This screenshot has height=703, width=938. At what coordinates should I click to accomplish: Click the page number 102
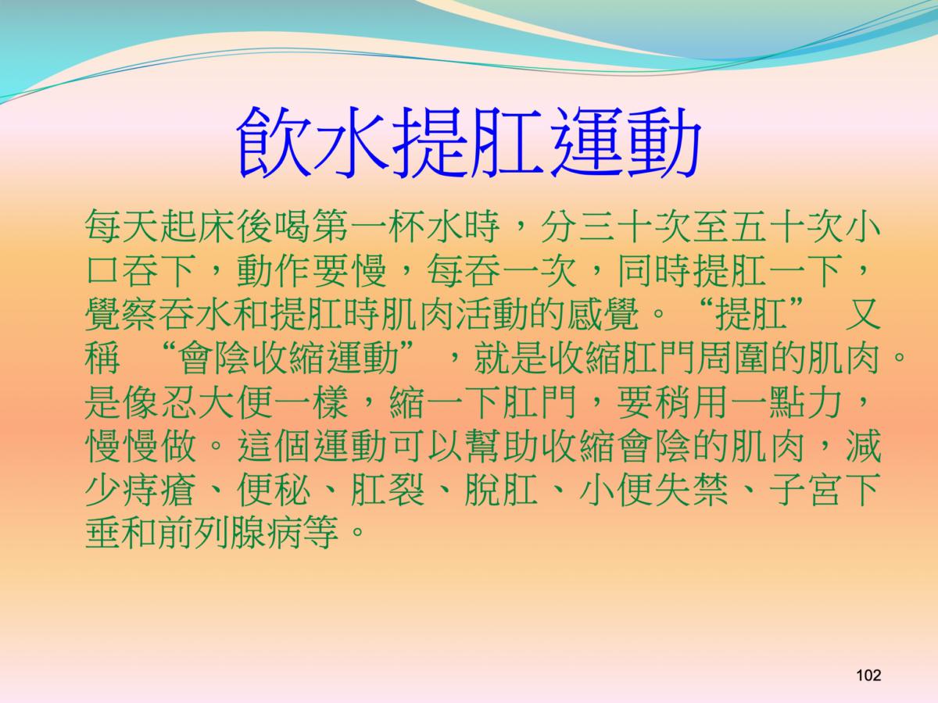tap(868, 675)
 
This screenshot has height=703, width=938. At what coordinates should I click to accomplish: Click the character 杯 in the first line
tap(408, 227)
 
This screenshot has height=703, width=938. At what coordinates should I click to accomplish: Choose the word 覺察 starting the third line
tap(123, 314)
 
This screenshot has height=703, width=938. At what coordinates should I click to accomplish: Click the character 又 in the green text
tap(863, 314)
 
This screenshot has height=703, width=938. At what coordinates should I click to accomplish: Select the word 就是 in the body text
tap(510, 358)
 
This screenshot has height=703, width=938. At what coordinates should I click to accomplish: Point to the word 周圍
tap(739, 358)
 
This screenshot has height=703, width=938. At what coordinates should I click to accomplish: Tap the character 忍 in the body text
tap(180, 402)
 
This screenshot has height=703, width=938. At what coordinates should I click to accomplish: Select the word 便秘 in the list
tap(274, 490)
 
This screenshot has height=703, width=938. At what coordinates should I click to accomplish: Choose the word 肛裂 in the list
tap(388, 490)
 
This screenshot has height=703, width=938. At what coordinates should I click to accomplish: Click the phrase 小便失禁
tap(654, 490)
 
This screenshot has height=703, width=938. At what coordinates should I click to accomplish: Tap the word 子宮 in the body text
tap(806, 490)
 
